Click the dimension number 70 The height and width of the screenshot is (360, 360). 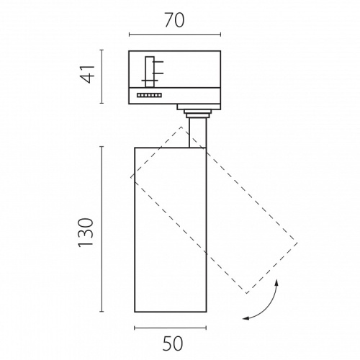pyautogui.click(x=175, y=20)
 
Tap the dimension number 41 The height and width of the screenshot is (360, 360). pyautogui.click(x=87, y=74)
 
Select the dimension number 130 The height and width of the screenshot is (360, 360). pyautogui.click(x=86, y=233)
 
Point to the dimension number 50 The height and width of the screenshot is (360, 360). pyautogui.click(x=173, y=343)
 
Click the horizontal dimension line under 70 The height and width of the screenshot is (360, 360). pyautogui.click(x=175, y=35)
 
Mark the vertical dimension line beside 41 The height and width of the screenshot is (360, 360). pyautogui.click(x=102, y=76)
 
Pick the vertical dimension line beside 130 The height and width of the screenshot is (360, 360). pyautogui.click(x=102, y=229)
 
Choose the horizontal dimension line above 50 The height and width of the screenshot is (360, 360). pyautogui.click(x=171, y=328)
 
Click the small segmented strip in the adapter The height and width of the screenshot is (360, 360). pyautogui.click(x=149, y=95)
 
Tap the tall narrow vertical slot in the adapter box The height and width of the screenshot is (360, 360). pyautogui.click(x=150, y=72)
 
